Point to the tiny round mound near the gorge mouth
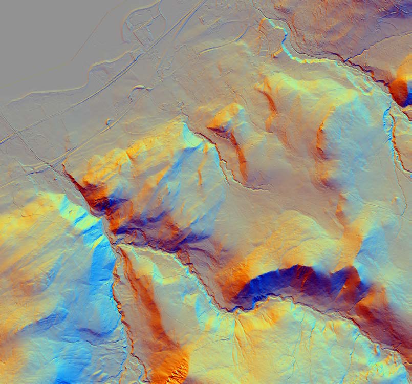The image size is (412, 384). point(109,122)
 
